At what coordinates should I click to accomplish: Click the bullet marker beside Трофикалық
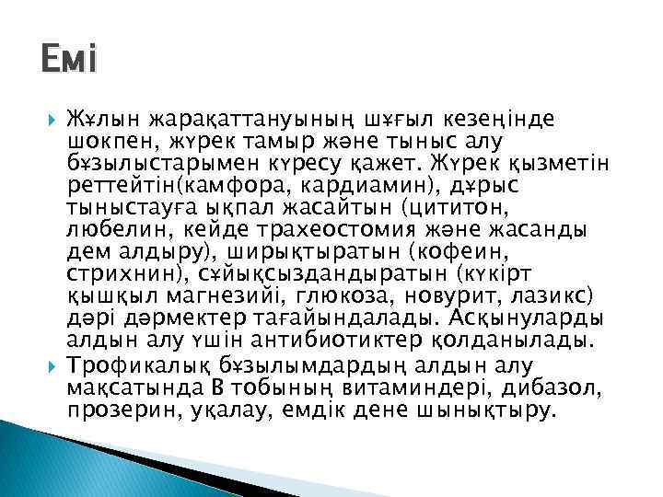coord(52,364)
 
